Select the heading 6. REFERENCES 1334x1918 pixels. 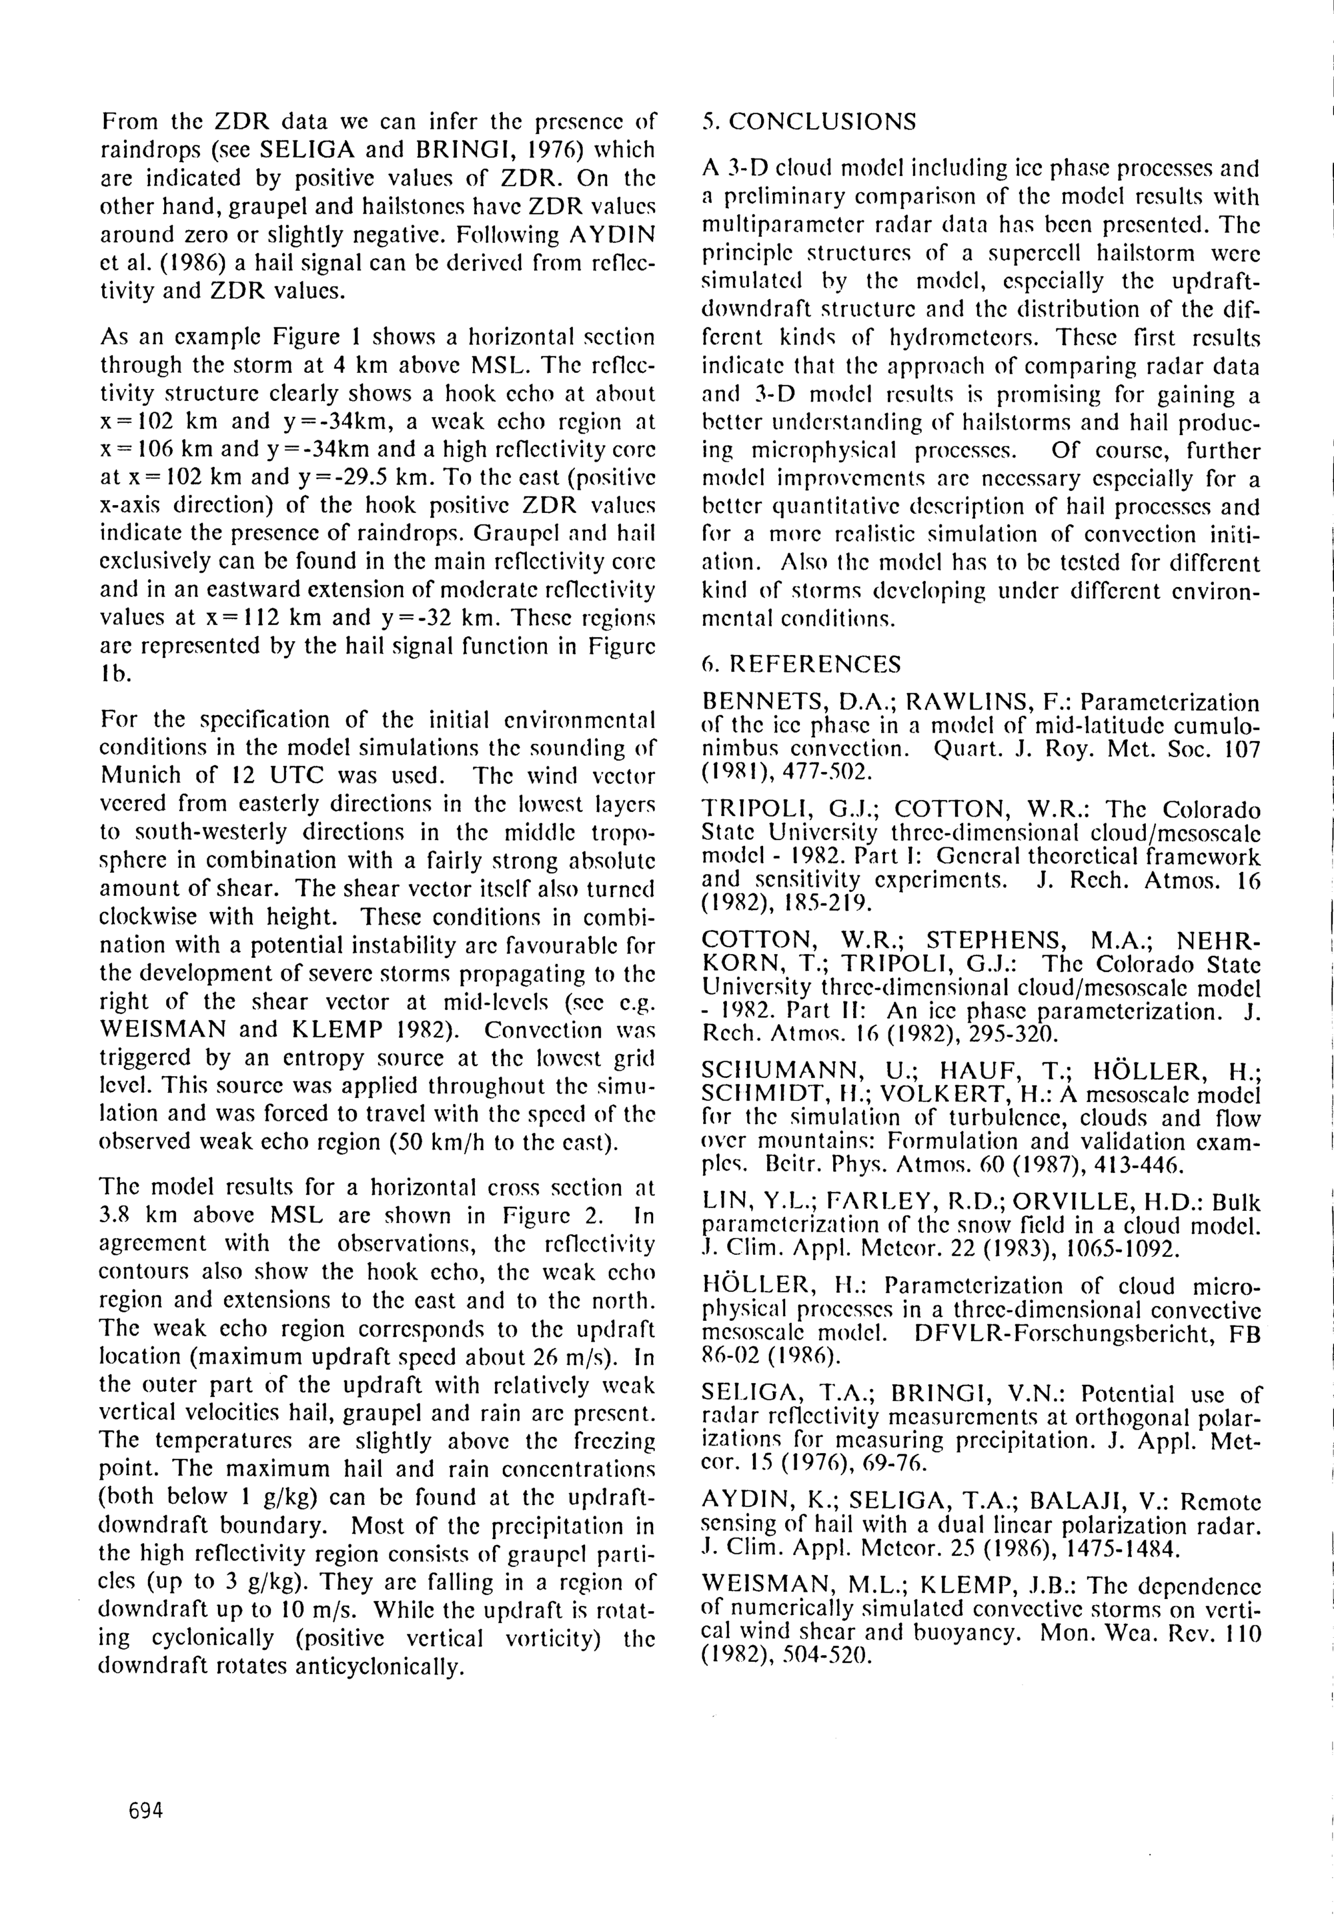(802, 664)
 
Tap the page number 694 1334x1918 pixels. (146, 1810)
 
